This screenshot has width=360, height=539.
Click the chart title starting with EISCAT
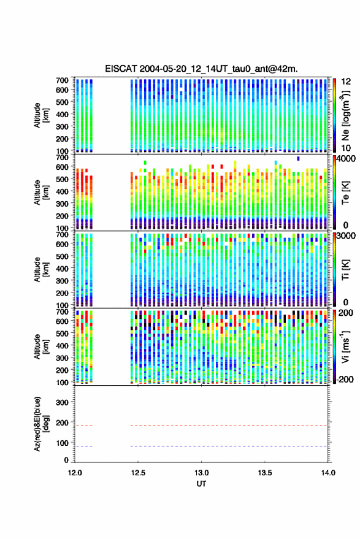[x=201, y=69]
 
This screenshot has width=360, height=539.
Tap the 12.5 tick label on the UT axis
[x=138, y=473]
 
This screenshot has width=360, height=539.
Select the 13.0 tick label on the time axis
[x=202, y=473]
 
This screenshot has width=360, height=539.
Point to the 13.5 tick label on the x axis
[x=265, y=473]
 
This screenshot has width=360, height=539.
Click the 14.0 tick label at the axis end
[x=328, y=473]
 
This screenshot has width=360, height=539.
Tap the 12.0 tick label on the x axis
[x=75, y=473]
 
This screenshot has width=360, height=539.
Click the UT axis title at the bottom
[x=201, y=484]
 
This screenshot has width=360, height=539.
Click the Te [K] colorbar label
[x=345, y=193]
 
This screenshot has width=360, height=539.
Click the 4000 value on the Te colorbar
[x=346, y=159]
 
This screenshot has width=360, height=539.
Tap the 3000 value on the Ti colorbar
[x=346, y=236]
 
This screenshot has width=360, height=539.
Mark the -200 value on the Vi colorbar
[x=345, y=380]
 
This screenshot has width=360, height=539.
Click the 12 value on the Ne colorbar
[x=346, y=82]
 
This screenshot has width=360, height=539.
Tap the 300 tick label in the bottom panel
[x=62, y=402]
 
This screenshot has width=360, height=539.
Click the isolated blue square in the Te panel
[x=298, y=158]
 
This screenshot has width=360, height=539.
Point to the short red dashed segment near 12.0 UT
[x=84, y=426]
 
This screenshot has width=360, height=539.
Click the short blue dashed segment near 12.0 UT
[x=84, y=446]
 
